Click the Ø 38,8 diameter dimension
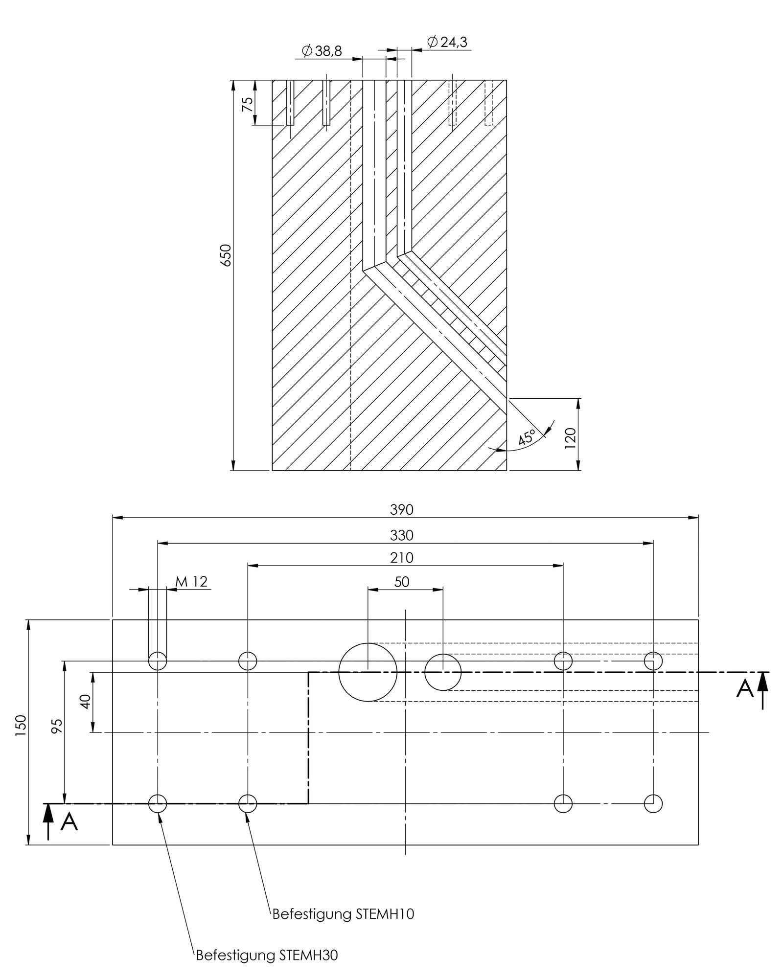pos(322,51)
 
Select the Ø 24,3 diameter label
pos(447,42)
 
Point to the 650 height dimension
pos(226,255)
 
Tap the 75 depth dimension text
pos(248,104)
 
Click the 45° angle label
pos(527,436)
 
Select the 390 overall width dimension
pos(402,510)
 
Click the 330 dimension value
pos(402,536)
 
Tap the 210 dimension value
pos(402,558)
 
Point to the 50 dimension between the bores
pos(402,582)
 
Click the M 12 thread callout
pos(192,582)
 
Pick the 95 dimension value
pos(57,726)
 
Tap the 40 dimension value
pos(86,703)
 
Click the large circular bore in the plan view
pos(368,672)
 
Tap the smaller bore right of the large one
pos(443,672)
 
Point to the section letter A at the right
pos(745,689)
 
